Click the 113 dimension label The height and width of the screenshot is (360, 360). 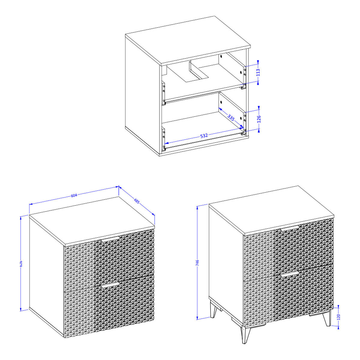click(x=258, y=72)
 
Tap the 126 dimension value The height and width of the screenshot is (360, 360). click(x=259, y=119)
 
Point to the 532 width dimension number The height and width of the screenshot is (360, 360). click(x=204, y=135)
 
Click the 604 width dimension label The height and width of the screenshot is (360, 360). click(x=74, y=196)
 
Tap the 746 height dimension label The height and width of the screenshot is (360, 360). click(x=198, y=262)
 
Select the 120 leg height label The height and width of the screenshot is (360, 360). click(x=339, y=317)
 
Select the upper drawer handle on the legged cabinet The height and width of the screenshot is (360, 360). click(x=290, y=229)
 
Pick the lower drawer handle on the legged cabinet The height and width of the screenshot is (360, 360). click(x=290, y=274)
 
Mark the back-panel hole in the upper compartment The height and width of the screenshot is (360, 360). click(x=221, y=56)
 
